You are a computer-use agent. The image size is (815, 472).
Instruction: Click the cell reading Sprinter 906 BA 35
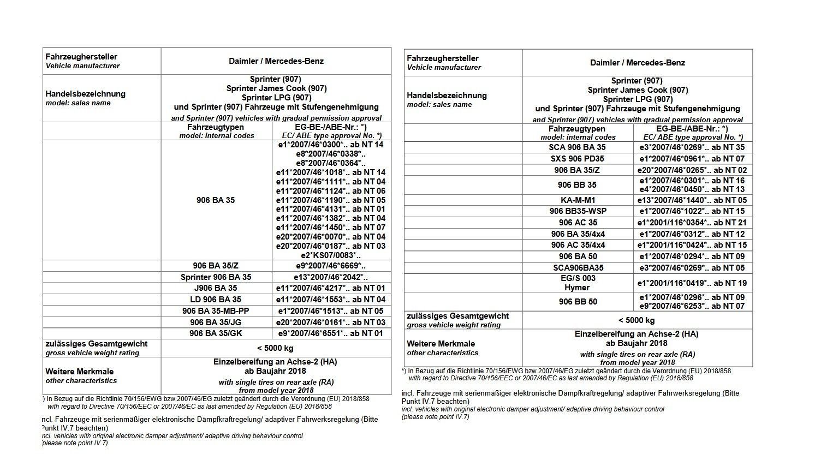pos(216,277)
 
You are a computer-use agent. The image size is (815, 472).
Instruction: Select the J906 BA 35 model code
pos(216,288)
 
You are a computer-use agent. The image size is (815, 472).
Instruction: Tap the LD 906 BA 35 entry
pos(216,300)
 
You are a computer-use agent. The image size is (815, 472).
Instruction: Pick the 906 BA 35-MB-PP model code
pos(216,311)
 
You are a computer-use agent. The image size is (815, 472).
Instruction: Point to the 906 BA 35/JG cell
pos(216,322)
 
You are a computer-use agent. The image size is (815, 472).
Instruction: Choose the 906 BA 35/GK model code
pos(216,333)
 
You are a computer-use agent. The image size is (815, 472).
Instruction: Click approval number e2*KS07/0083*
pos(331,255)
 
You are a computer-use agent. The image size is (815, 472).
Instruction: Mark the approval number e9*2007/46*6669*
pos(331,266)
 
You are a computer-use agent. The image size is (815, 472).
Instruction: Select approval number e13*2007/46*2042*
pos(331,277)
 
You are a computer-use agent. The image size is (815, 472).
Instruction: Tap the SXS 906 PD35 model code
pos(577,159)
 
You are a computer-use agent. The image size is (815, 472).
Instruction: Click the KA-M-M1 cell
pos(577,200)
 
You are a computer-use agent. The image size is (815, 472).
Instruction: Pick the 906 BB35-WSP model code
pos(578,211)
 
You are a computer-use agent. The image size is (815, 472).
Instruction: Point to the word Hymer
pos(577,288)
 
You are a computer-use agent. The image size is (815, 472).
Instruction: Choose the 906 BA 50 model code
pos(578,256)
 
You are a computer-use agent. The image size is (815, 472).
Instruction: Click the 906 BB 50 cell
pos(578,302)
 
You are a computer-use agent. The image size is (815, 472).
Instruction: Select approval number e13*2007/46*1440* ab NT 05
pos(692,200)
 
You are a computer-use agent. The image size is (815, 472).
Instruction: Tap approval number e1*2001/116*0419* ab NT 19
pos(692,283)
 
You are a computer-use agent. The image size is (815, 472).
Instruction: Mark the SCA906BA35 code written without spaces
pos(578,268)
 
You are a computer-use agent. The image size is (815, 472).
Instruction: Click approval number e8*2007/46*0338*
pos(331,154)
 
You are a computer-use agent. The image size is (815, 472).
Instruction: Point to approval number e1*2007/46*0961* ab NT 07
pos(692,159)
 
